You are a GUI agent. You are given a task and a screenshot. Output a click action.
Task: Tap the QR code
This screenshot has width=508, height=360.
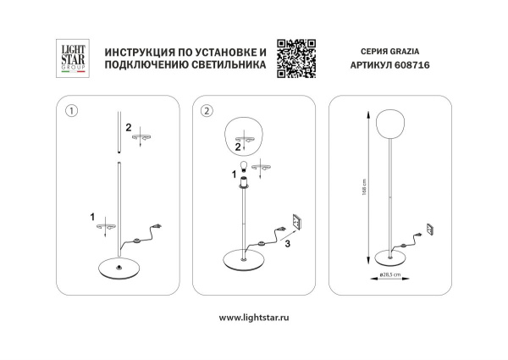296,58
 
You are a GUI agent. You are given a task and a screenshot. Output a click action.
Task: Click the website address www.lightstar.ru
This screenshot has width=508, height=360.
254,317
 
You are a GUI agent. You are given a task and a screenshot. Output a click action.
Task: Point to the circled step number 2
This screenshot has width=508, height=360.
207,110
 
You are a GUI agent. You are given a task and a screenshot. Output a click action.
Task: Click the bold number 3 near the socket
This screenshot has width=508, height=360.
287,244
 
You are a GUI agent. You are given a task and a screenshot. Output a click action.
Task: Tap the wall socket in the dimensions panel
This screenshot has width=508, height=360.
429,227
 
